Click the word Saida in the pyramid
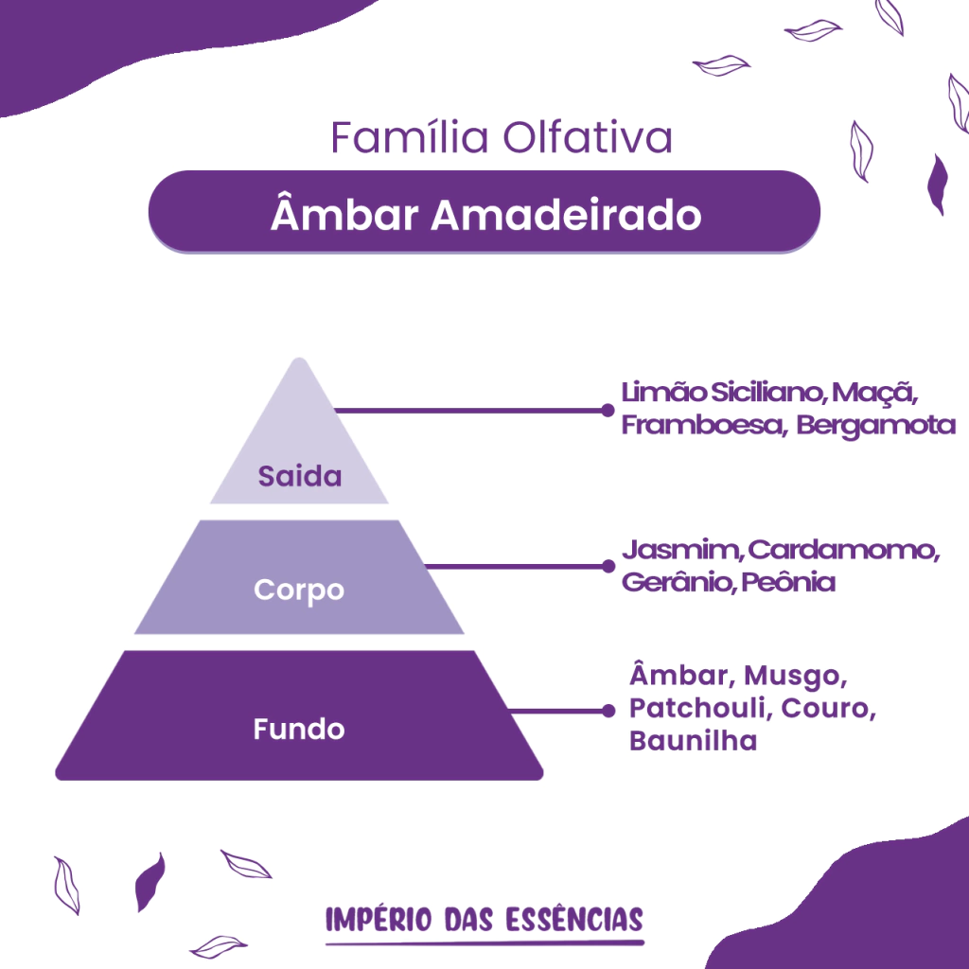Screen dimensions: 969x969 coord(300,476)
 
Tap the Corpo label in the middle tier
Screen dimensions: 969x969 coord(299,590)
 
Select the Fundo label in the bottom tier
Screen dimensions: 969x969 coord(299,730)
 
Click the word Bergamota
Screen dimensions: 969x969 coord(875,426)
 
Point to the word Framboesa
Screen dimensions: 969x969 coord(704,425)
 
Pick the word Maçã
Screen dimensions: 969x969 coord(874,393)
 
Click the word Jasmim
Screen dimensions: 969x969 coord(683,550)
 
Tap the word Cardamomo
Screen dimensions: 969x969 coord(844,550)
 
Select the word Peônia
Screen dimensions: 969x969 coord(788,581)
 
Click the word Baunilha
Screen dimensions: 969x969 coord(694,740)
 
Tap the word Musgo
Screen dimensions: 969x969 coord(795,677)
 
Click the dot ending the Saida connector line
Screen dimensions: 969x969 coord(608,411)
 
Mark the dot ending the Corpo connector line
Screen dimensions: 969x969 coord(608,566)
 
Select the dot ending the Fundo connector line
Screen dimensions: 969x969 coord(608,711)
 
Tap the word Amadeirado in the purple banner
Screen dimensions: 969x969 coord(566,215)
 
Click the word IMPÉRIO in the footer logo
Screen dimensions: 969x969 coord(379,920)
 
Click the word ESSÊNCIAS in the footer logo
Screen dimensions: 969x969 coord(574,920)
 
